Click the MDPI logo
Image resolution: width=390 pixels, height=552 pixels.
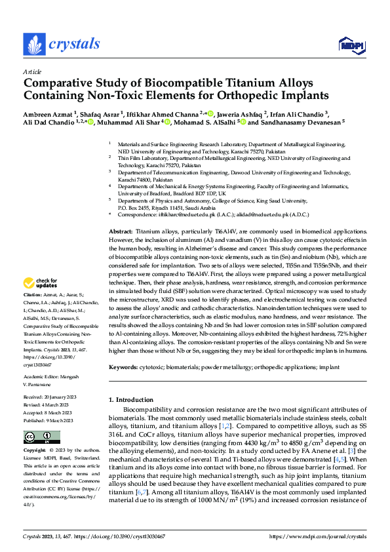(x=350, y=45)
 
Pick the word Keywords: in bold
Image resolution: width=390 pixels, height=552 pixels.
(x=123, y=368)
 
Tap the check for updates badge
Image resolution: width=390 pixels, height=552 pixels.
(x=40, y=283)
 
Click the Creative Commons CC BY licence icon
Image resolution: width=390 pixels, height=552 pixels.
(x=41, y=437)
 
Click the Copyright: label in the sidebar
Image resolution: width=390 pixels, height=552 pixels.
(x=35, y=451)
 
